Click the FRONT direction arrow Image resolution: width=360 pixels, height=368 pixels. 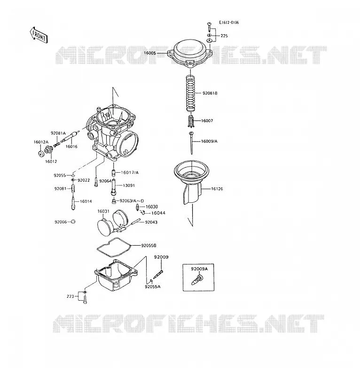tap(39, 35)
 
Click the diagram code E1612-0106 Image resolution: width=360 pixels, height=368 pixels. tap(229, 23)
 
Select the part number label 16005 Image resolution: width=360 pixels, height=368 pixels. tap(150, 53)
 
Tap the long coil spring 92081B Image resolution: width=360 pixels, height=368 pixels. tap(191, 93)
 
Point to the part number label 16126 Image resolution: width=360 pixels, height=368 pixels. tap(217, 189)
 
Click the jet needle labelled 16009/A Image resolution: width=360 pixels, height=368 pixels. tap(191, 143)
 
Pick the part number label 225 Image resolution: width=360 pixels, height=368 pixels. tap(224, 36)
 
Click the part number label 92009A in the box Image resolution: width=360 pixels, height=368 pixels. tap(199, 269)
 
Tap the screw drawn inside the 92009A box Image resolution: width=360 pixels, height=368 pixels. tap(196, 280)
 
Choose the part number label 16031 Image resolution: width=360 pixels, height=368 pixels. tap(103, 211)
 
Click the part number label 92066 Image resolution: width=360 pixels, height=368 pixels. tap(61, 222)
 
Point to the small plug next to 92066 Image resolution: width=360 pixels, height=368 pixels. tap(73, 222)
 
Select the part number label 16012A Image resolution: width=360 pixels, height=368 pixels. tap(41, 142)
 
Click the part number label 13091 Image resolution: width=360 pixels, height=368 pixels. tap(129, 185)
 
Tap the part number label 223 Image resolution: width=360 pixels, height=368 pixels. tap(70, 296)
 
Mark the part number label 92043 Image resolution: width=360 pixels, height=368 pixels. tap(151, 222)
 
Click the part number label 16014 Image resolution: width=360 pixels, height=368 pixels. tap(86, 201)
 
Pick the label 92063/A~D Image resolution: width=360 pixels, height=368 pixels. tap(132, 201)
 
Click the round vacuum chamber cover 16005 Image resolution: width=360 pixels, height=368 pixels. tap(190, 53)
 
